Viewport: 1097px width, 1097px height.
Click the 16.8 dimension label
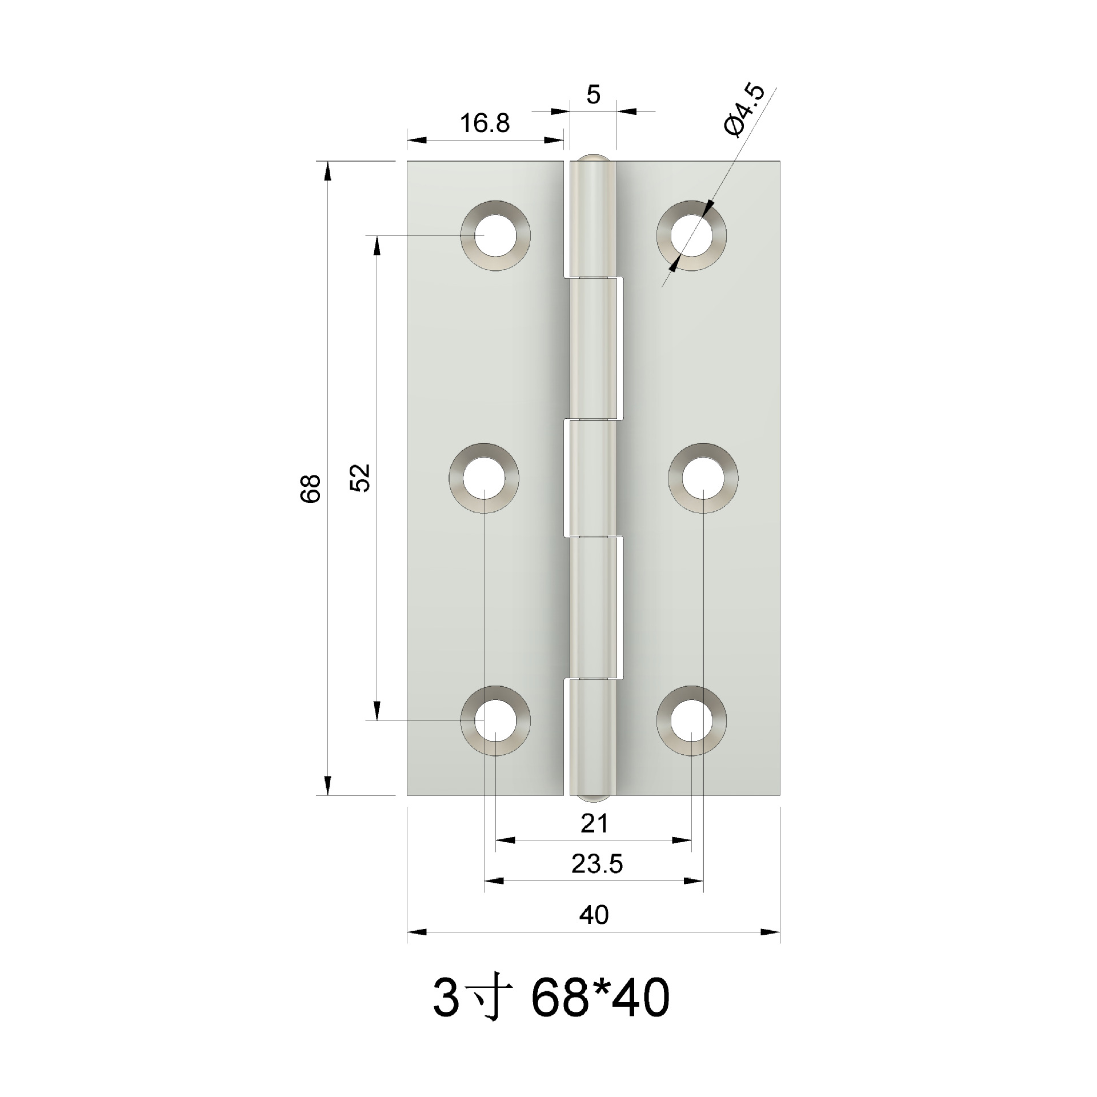click(485, 123)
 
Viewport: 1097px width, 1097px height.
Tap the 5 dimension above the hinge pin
click(594, 95)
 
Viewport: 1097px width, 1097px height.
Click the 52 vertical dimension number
click(361, 478)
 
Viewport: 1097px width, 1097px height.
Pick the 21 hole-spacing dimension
click(594, 824)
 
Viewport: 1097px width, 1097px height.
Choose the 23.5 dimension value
click(596, 864)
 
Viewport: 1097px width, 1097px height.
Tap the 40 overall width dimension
click(594, 915)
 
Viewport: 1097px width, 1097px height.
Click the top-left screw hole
click(495, 235)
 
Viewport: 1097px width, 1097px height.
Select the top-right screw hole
click(692, 235)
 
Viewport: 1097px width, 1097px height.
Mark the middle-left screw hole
click(484, 478)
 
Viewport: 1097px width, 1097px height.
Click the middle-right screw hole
click(703, 478)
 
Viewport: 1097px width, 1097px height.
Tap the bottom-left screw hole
click(495, 720)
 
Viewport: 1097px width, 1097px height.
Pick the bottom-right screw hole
click(692, 720)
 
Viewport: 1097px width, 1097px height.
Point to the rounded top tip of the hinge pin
click(594, 158)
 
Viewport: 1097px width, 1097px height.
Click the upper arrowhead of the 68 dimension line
click(327, 171)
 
